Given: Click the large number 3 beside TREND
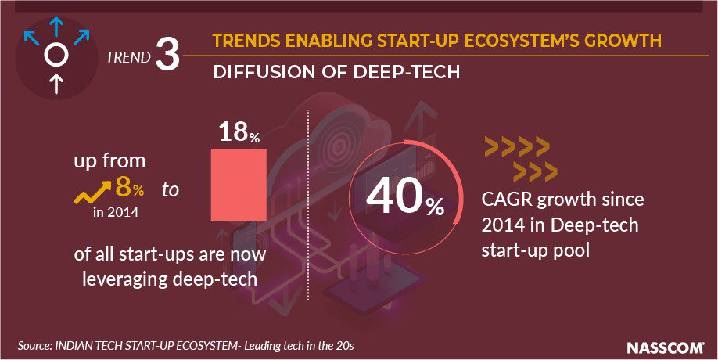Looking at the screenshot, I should (x=167, y=58).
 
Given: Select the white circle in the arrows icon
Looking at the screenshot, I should (x=55, y=54).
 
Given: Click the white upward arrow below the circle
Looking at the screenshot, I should (x=55, y=83).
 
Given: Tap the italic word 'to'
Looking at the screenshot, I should (x=171, y=189).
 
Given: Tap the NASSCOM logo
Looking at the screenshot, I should (x=666, y=346).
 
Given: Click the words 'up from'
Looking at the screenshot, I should (x=109, y=163).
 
